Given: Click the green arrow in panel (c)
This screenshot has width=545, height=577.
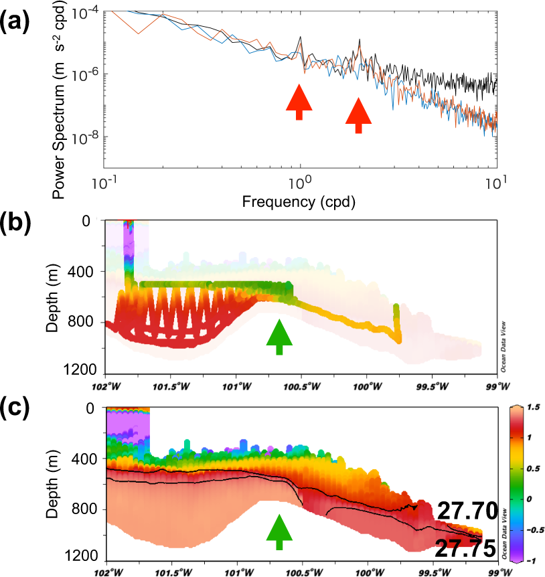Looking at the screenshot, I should (280, 529).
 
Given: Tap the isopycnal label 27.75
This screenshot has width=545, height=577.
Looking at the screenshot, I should (465, 548).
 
